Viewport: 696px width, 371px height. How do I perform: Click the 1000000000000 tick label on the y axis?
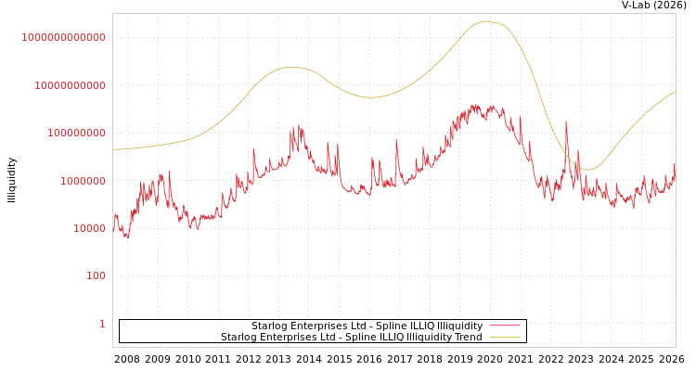(63, 37)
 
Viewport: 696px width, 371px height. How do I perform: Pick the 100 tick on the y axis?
(96, 275)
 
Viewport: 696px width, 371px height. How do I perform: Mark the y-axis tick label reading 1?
(102, 324)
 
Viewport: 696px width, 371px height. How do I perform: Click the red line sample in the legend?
(504, 326)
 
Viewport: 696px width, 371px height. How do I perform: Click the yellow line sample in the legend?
(504, 338)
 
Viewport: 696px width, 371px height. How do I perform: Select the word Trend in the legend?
(467, 338)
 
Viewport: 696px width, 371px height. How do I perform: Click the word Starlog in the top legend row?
(270, 326)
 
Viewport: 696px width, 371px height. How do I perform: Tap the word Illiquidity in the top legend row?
(459, 326)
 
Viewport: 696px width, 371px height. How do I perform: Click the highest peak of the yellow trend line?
(485, 21)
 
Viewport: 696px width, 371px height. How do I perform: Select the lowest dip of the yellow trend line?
(587, 170)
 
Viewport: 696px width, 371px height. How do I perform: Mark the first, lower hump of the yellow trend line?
(292, 67)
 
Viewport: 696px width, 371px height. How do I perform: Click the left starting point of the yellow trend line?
(114, 149)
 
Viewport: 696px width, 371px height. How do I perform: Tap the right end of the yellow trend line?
(675, 91)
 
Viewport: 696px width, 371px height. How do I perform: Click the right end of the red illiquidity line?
(675, 167)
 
